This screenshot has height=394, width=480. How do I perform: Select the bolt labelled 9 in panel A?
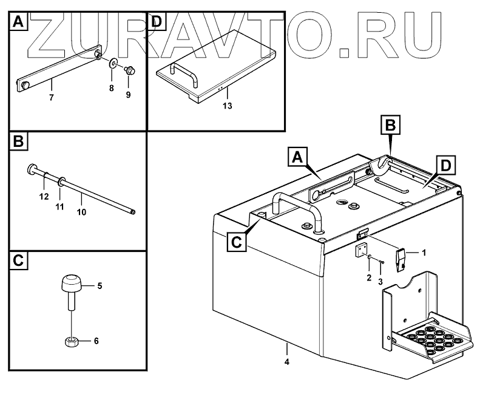coord(129,70)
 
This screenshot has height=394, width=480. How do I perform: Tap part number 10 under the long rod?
coord(82,212)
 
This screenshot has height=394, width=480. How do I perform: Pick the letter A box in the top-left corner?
coord(18,23)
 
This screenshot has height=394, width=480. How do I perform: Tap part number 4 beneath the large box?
coord(287,362)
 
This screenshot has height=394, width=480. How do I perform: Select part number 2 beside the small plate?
coord(368,278)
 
